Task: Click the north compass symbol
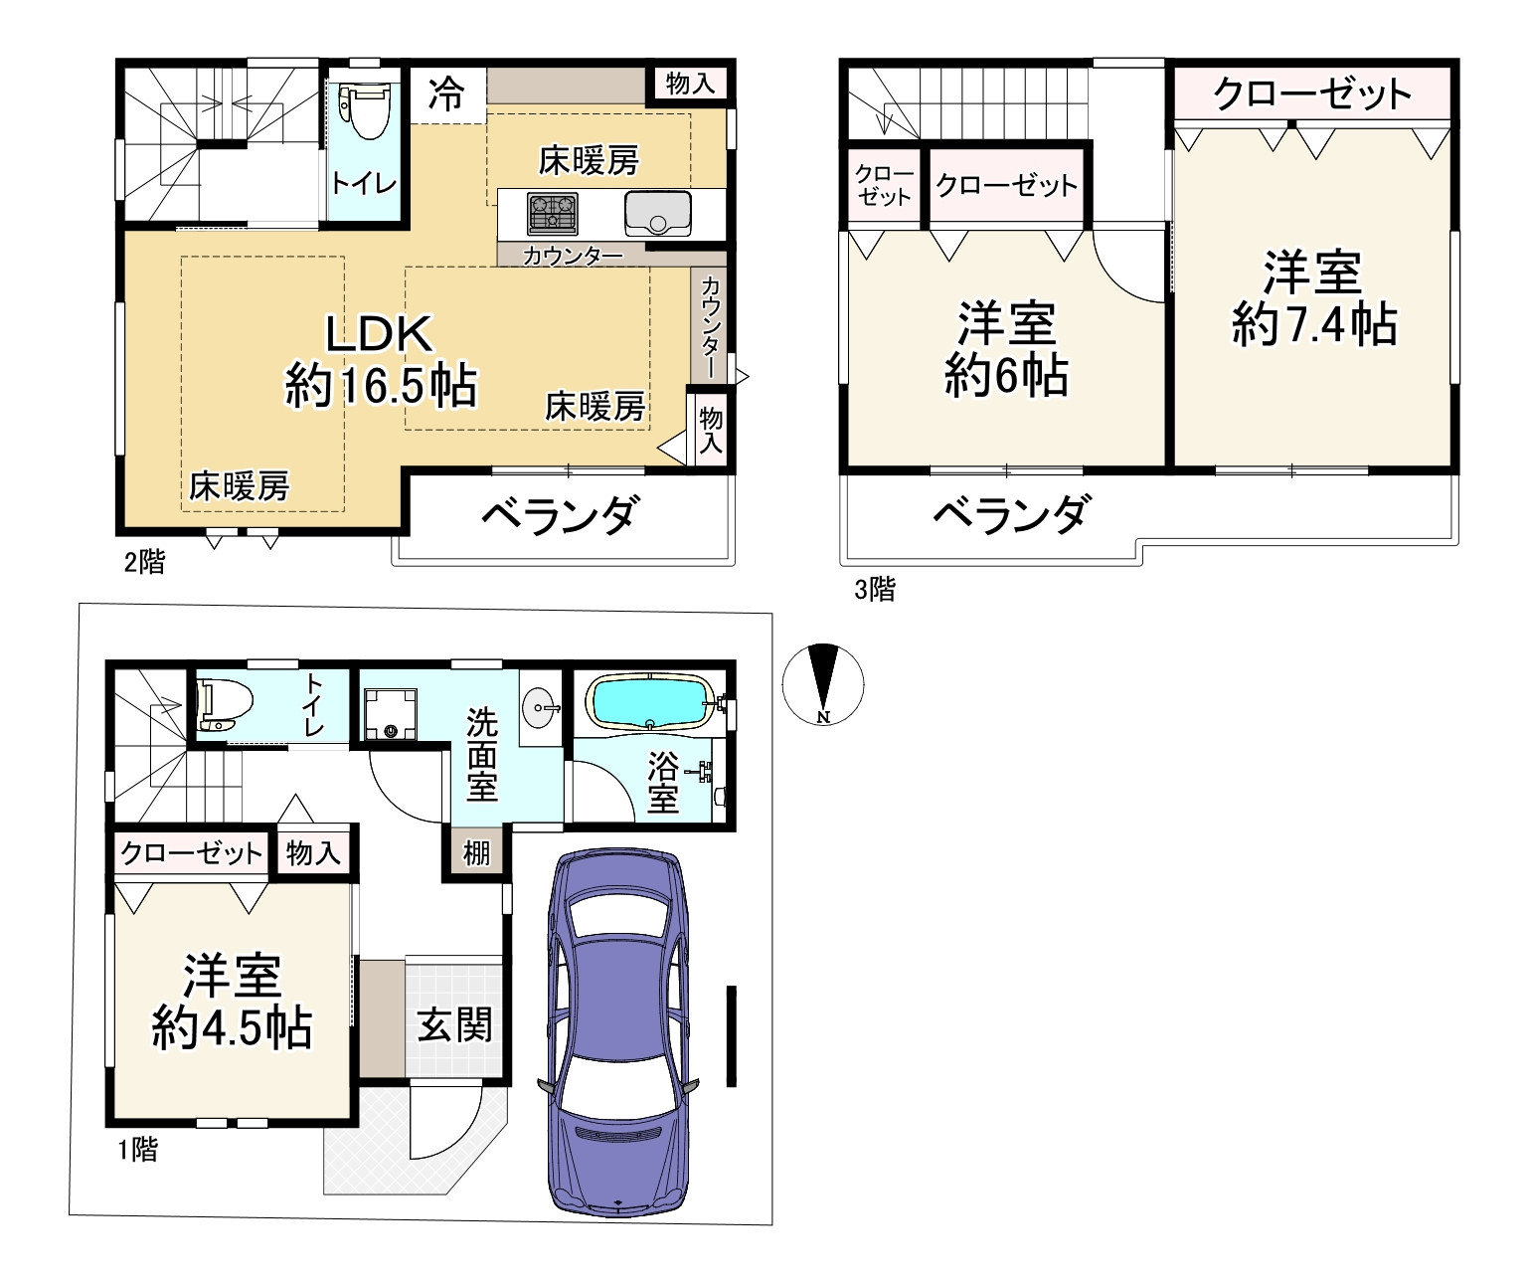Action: [823, 685]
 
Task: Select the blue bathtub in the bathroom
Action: [650, 701]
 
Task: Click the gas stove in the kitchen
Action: [553, 214]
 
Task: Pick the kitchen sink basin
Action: [657, 213]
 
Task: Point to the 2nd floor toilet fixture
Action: [364, 110]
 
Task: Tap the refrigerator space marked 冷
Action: [446, 93]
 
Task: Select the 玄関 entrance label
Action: [454, 1024]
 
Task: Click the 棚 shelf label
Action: [476, 852]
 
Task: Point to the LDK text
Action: [379, 333]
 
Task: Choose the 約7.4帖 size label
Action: [1314, 324]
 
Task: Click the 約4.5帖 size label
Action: [232, 1027]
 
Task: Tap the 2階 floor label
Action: [144, 562]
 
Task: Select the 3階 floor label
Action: [875, 589]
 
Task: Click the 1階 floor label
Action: [138, 1149]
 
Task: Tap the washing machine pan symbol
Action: [390, 713]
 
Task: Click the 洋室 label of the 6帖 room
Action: [1006, 323]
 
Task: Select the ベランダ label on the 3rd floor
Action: [1012, 515]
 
